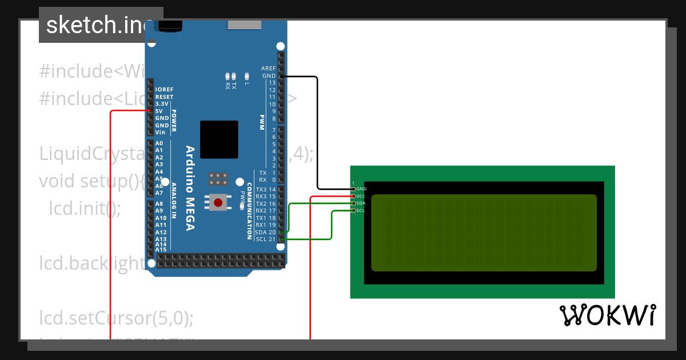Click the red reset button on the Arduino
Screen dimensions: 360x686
click(218, 202)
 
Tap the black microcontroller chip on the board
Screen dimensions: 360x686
click(219, 139)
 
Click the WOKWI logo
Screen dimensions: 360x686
click(607, 315)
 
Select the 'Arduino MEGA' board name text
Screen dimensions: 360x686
click(190, 189)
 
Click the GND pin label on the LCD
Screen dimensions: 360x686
click(361, 189)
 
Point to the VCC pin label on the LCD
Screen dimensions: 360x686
click(361, 196)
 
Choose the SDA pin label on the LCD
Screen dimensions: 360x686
click(361, 203)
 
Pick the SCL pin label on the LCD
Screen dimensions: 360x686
click(361, 211)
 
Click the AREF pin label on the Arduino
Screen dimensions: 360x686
click(268, 69)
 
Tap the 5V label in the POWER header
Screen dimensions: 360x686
click(159, 111)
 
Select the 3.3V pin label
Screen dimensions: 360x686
click(162, 104)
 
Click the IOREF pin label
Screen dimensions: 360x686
click(164, 90)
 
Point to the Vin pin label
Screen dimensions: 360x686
click(160, 132)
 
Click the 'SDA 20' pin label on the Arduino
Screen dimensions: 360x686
click(266, 232)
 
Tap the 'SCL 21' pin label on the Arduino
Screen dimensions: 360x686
click(266, 239)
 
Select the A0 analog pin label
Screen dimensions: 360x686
click(159, 143)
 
